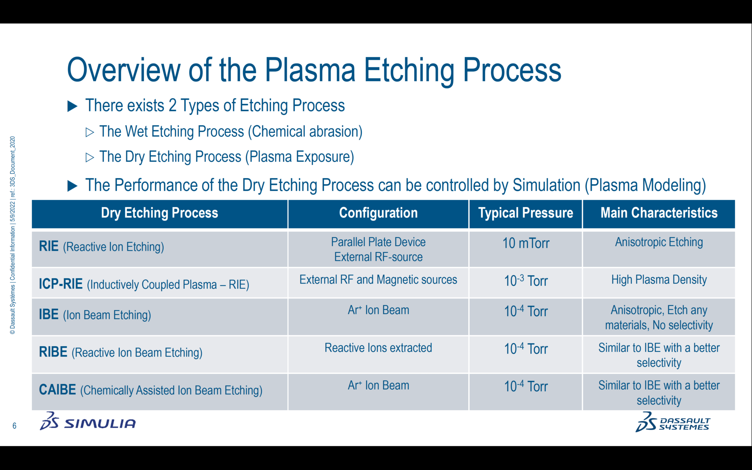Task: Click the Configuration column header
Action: (378, 213)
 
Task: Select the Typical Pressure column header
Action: (525, 213)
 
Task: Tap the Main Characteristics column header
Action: (659, 213)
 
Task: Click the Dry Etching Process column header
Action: (159, 213)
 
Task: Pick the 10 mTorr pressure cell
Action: (525, 243)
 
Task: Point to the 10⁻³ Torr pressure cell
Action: (525, 281)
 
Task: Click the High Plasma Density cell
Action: (659, 280)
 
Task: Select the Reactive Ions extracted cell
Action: (378, 348)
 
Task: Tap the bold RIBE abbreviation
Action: (53, 352)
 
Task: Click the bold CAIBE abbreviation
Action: (58, 390)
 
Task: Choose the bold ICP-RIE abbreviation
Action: (61, 284)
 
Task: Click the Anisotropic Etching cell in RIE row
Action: (659, 242)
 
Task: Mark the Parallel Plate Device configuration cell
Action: (378, 249)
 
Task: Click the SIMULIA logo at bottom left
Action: (88, 422)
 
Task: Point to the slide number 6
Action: (14, 426)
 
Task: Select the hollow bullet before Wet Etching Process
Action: (90, 132)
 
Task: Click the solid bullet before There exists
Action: (73, 106)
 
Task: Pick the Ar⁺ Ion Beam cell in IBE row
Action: (378, 310)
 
